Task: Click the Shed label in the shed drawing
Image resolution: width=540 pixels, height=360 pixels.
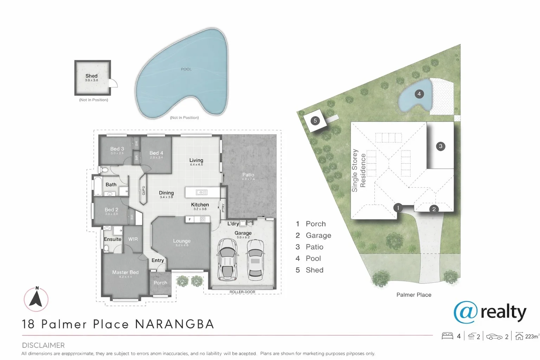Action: click(x=91, y=76)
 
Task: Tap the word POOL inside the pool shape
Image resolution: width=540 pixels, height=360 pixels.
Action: click(x=186, y=69)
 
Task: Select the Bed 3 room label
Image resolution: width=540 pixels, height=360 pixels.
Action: click(x=117, y=149)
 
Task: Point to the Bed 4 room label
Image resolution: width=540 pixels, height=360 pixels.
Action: click(x=156, y=153)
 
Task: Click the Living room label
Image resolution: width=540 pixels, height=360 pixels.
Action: click(x=196, y=160)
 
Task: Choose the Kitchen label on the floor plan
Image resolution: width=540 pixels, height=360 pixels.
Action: click(x=200, y=205)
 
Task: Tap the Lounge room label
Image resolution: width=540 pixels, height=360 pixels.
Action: click(x=182, y=241)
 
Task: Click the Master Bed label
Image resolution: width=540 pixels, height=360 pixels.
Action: click(x=125, y=272)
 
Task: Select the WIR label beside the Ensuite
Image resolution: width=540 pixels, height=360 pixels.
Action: click(x=133, y=239)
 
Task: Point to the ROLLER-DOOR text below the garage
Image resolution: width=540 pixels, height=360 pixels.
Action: click(x=242, y=292)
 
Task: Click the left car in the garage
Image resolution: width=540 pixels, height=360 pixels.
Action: click(x=227, y=258)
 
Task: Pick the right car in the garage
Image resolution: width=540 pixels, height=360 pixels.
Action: click(x=255, y=258)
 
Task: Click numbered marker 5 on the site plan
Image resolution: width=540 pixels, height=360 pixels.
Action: click(x=315, y=121)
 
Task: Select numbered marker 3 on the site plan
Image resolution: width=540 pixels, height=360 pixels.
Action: click(x=441, y=146)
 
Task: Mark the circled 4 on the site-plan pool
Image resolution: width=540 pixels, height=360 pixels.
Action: click(x=419, y=94)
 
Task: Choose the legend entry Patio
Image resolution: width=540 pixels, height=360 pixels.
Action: click(x=314, y=247)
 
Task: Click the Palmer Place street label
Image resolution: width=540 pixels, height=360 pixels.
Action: click(x=414, y=295)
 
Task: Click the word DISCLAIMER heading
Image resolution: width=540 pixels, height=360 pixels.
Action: click(x=43, y=345)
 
